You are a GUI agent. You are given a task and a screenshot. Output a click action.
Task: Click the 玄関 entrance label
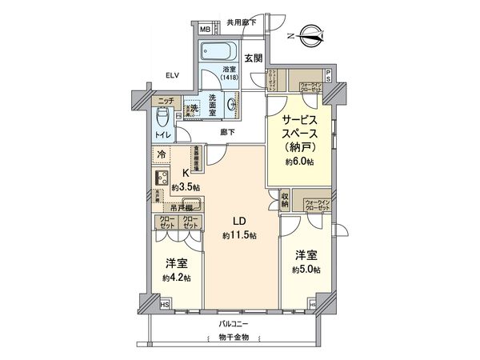(254, 57)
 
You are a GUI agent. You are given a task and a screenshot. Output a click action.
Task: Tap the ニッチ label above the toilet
(165, 101)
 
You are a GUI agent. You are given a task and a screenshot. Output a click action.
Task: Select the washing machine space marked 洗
(193, 108)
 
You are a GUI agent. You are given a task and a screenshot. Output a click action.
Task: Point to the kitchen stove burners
(158, 178)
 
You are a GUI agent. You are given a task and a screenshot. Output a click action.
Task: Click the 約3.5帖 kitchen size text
(186, 187)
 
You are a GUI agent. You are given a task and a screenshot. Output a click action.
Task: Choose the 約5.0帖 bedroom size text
(306, 270)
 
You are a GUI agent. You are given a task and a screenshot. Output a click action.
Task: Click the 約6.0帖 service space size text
(302, 161)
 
